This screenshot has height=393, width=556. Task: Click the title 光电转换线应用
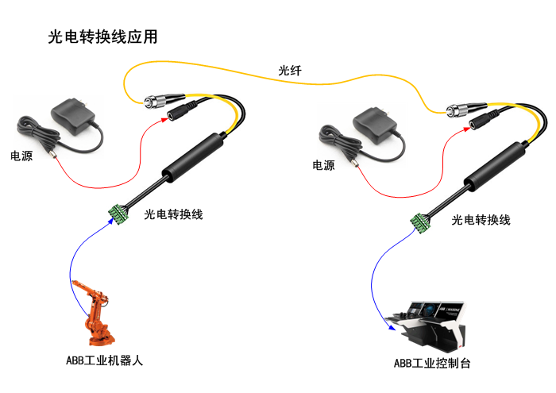(102, 37)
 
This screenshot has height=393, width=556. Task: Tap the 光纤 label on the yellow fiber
(289, 71)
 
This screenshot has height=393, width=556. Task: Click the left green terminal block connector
(120, 213)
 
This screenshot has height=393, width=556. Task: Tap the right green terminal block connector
(421, 223)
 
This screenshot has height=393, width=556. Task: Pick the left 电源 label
(21, 156)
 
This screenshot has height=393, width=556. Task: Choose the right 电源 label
(323, 165)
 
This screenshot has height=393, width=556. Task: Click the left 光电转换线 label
(174, 214)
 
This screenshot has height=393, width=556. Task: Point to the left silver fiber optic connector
(153, 101)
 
